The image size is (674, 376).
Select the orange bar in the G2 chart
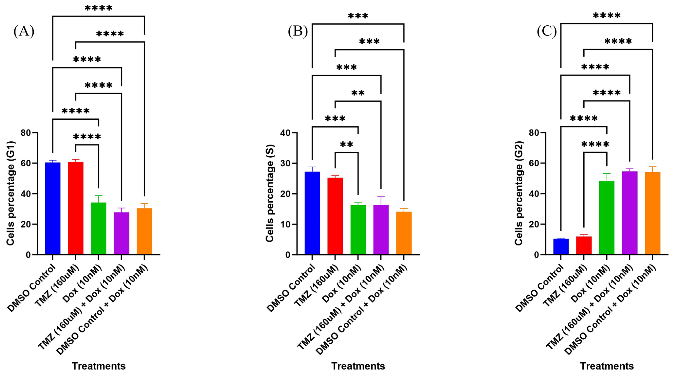pyautogui.click(x=653, y=213)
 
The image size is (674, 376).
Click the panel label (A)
pyautogui.click(x=24, y=31)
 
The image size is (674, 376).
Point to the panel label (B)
pyautogui.click(x=298, y=31)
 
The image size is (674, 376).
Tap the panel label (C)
pyautogui.click(x=547, y=31)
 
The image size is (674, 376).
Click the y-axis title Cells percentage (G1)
pyautogui.click(x=10, y=194)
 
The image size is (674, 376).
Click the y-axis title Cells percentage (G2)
pyautogui.click(x=518, y=194)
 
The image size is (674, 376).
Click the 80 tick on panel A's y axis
pyautogui.click(x=26, y=133)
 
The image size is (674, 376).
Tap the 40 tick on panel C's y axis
pyautogui.click(x=534, y=194)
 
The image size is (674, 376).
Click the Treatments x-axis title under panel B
pyautogui.click(x=358, y=366)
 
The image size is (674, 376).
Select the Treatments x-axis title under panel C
pyautogui.click(x=607, y=366)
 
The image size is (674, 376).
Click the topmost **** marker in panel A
pyautogui.click(x=98, y=8)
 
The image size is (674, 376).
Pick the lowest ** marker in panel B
pyautogui.click(x=346, y=145)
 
